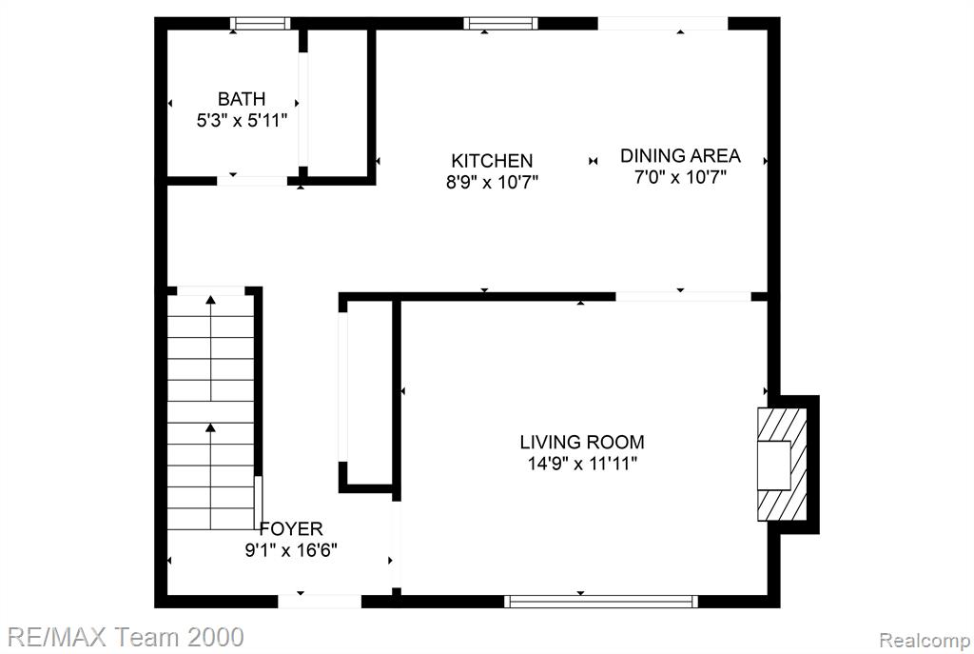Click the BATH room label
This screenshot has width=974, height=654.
[x=241, y=99]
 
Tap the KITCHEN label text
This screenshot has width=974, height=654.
[x=492, y=161]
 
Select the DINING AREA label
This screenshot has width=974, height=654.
[x=680, y=155]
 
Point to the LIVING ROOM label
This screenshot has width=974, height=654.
[x=582, y=442]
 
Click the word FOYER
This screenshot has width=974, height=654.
[x=291, y=529]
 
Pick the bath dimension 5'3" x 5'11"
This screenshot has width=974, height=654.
[x=242, y=120]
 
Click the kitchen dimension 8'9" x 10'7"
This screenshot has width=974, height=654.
[x=492, y=182]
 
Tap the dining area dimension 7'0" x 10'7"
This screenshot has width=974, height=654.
[x=680, y=177]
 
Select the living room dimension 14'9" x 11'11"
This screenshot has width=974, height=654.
[x=582, y=464]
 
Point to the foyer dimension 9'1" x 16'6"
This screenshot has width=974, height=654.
[x=291, y=550]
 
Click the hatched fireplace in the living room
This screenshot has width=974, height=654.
[x=782, y=465]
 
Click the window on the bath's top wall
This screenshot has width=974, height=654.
[x=261, y=24]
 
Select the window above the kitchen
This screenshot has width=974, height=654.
[x=500, y=24]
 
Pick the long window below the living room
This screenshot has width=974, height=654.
[x=601, y=601]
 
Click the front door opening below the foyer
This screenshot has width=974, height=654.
[x=320, y=601]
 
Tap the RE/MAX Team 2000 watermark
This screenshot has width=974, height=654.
[x=126, y=637]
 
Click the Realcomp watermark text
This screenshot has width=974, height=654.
[x=925, y=640]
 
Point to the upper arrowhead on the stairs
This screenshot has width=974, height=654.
[x=210, y=300]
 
